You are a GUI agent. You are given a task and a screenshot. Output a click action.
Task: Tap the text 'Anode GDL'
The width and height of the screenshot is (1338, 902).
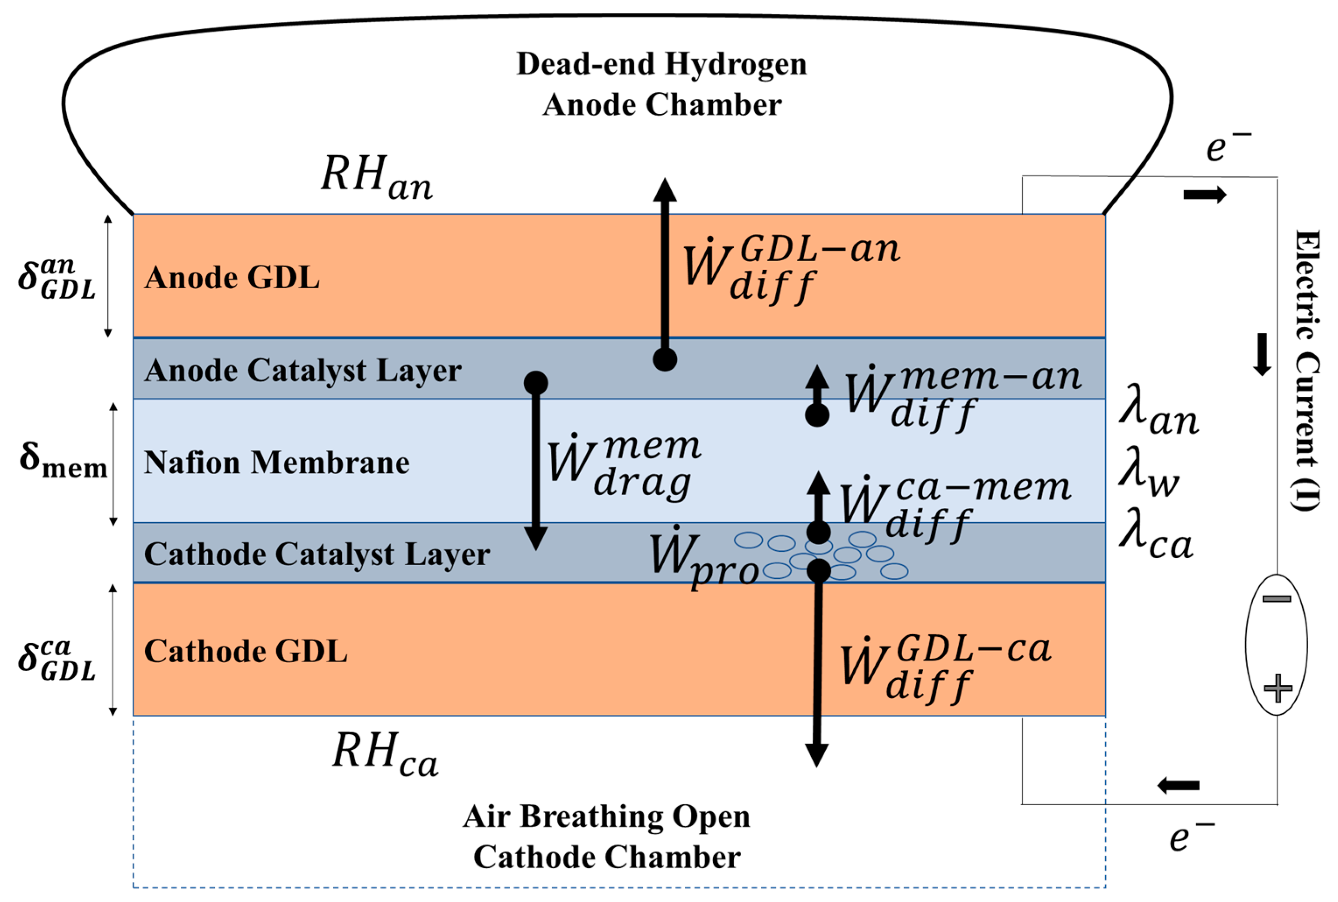[x=232, y=278]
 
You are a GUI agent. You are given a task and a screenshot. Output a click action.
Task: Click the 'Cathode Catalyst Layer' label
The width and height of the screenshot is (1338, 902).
[x=317, y=555]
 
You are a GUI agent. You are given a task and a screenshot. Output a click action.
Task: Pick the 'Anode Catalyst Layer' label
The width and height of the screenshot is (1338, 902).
[x=303, y=371]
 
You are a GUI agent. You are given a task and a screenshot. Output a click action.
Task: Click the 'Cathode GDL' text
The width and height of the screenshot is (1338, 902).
[x=245, y=651]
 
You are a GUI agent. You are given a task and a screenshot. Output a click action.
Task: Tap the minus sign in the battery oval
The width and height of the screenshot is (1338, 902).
[x=1276, y=599]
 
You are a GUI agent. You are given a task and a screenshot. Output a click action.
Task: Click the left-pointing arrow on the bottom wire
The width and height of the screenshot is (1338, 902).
[x=1178, y=785]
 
